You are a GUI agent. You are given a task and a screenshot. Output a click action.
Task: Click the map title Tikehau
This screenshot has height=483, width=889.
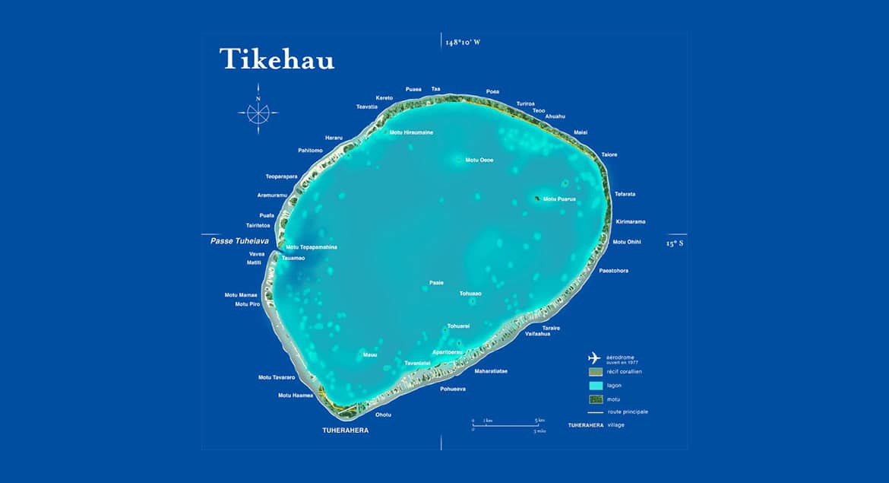click(277, 59)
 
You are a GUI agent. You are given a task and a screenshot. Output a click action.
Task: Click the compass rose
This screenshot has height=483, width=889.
click(258, 113)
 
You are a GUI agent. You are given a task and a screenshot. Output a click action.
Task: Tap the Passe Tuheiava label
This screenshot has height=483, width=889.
click(237, 240)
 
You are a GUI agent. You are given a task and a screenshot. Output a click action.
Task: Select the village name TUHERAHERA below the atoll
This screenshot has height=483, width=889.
click(346, 431)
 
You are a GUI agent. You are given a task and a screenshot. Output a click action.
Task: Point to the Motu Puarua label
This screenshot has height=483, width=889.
click(559, 199)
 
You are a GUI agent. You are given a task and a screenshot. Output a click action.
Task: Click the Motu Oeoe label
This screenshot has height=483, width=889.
click(479, 160)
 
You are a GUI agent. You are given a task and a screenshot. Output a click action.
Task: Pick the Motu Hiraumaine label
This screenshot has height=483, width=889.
click(411, 132)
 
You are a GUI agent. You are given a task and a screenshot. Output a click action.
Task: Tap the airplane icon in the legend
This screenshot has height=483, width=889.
click(594, 358)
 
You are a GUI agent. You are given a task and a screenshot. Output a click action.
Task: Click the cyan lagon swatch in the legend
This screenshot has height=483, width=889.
click(595, 386)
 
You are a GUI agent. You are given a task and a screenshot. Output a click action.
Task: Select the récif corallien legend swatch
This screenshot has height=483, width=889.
click(595, 372)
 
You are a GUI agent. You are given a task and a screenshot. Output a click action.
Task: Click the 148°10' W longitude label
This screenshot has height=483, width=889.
click(463, 43)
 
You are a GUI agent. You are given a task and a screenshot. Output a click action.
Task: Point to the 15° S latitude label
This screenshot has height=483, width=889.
click(675, 243)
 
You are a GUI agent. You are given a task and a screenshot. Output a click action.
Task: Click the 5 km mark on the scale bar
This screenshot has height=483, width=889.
click(538, 420)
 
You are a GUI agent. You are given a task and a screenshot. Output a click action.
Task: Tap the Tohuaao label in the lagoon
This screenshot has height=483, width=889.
click(470, 293)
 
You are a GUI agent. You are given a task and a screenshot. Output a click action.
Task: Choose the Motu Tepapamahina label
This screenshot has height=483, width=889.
click(312, 247)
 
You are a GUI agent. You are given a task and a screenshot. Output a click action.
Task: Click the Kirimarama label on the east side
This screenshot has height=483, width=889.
click(630, 221)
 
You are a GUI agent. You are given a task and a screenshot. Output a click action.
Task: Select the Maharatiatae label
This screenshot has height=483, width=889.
click(491, 371)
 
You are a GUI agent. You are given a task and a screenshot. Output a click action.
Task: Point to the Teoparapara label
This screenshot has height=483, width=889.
click(281, 176)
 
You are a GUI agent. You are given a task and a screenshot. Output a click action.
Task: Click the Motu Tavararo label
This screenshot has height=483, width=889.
click(276, 377)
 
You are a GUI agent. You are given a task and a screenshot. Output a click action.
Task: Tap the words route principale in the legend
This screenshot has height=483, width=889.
click(627, 412)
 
